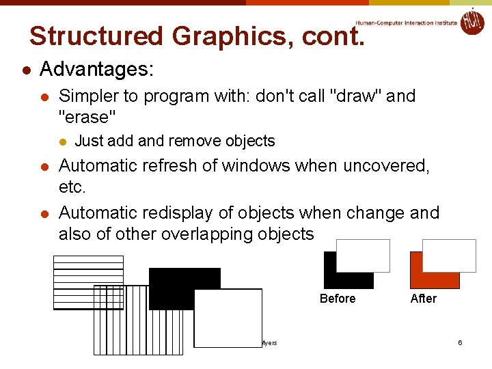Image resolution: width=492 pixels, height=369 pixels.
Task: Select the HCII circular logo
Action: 471,21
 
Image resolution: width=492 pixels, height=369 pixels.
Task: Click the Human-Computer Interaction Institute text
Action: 406,23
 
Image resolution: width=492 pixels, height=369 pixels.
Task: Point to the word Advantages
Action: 97,70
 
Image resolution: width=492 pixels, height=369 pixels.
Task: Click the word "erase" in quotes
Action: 87,117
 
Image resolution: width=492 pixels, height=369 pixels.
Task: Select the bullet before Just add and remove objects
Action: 63,142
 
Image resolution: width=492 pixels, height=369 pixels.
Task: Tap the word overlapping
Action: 207,234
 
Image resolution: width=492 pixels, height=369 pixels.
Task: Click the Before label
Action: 338,299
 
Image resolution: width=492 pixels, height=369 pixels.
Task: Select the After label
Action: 423,299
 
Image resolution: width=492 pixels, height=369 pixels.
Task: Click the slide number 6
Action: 461,342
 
